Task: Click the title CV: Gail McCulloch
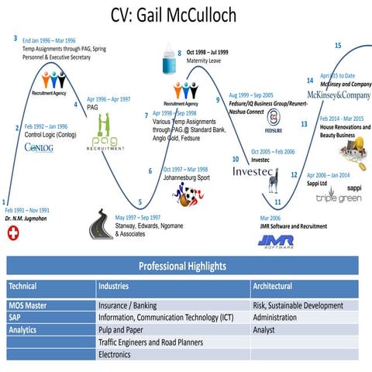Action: tap(186, 16)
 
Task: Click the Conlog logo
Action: tap(39, 147)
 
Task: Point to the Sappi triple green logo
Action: tap(339, 195)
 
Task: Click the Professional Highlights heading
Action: tap(182, 266)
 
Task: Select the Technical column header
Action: tap(23, 286)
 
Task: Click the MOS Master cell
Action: tap(28, 305)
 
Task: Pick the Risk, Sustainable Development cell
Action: tap(298, 305)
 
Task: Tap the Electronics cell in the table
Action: tap(115, 354)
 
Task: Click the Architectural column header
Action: tap(273, 286)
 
